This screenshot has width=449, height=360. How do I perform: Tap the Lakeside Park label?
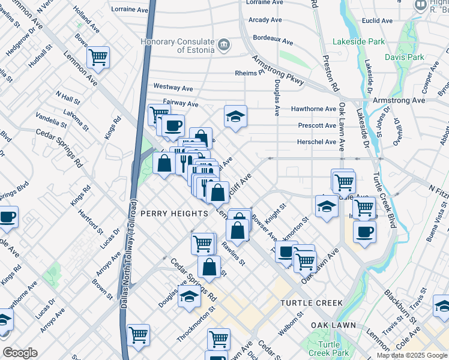[x=358, y=42]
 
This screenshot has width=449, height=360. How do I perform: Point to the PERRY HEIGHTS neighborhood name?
[x=173, y=213]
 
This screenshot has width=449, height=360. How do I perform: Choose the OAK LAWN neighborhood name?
[x=333, y=325]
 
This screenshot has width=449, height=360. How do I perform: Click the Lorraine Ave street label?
[x=130, y=10]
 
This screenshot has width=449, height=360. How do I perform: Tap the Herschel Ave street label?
[x=317, y=142]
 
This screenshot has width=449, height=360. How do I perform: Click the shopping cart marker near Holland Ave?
[x=98, y=58]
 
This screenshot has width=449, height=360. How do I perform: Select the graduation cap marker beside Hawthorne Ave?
[x=236, y=116]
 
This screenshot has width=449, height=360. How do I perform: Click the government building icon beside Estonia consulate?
[x=224, y=44]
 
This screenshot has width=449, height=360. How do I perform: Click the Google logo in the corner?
[x=20, y=353]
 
